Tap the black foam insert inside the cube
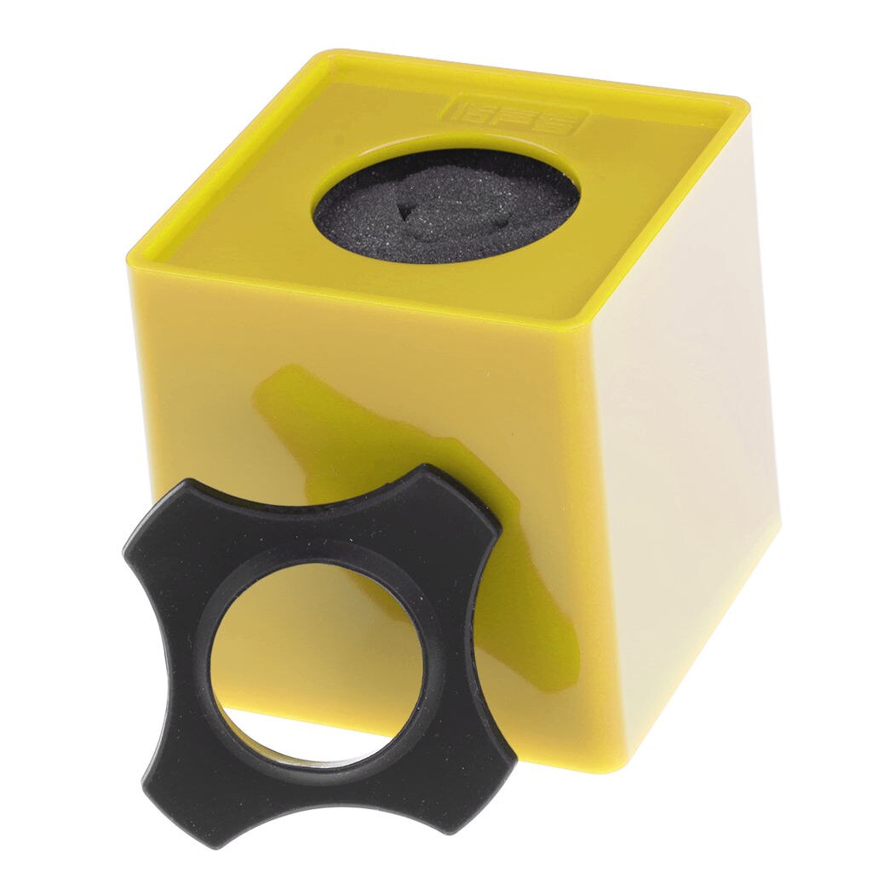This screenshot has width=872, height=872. click(447, 204)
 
